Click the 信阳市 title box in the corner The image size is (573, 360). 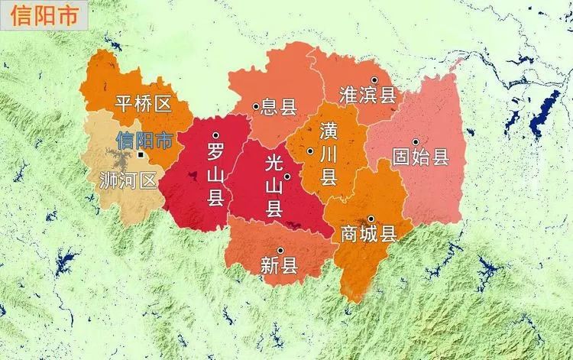pyautogui.click(x=40, y=16)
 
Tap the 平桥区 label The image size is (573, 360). pyautogui.click(x=143, y=105)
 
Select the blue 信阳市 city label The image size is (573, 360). pyautogui.click(x=144, y=140)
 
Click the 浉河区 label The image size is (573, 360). pyautogui.click(x=128, y=180)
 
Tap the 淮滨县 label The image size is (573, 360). pyautogui.click(x=367, y=95)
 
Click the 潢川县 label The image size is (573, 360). pyautogui.click(x=329, y=153)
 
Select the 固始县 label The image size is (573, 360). pyautogui.click(x=419, y=157)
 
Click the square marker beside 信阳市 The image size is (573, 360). pyautogui.click(x=141, y=154)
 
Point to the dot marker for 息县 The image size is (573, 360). pyautogui.click(x=256, y=106)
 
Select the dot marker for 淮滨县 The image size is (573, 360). pyautogui.click(x=374, y=80)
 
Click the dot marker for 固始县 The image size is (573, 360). pyautogui.click(x=416, y=142)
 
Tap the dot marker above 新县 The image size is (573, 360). pyautogui.click(x=280, y=251)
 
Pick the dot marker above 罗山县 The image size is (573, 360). pyautogui.click(x=216, y=136)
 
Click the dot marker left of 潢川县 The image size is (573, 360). pyautogui.click(x=310, y=151)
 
